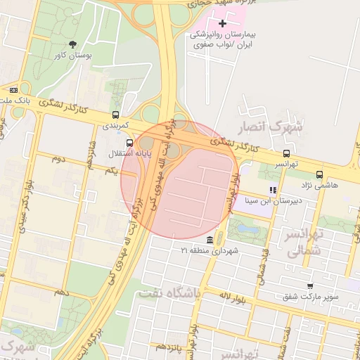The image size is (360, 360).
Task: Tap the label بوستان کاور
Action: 72,55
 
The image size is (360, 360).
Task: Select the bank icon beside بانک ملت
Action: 13,90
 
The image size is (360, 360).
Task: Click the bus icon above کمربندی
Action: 115,115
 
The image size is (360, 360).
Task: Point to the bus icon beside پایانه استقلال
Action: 129,143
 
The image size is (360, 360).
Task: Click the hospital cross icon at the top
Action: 223,24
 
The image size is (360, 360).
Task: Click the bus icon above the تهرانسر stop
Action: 285,153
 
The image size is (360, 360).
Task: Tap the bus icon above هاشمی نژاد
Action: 320,174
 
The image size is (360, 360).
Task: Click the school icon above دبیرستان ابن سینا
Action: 273,190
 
